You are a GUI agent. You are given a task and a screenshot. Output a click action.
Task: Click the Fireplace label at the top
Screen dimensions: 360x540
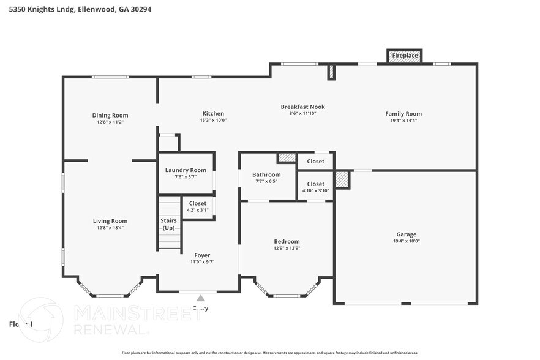(x=405, y=56)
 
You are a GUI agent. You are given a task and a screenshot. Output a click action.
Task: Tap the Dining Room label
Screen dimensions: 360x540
(x=110, y=115)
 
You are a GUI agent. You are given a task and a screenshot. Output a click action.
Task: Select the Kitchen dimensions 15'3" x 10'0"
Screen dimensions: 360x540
(x=213, y=121)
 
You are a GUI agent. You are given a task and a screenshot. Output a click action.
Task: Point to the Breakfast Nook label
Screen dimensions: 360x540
(x=302, y=107)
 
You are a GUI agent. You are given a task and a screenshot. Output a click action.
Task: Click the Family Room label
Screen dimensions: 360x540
(x=403, y=114)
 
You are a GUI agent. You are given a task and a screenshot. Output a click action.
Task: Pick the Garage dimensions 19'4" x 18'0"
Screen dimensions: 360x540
(x=406, y=241)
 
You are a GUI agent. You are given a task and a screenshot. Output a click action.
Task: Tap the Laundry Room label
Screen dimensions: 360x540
(x=186, y=170)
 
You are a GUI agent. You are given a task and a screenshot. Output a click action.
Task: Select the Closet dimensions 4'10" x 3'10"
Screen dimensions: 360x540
(x=316, y=190)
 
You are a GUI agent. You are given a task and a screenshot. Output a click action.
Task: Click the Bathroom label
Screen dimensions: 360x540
(x=266, y=174)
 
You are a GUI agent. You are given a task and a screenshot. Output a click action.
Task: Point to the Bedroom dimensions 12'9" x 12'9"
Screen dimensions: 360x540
(x=287, y=248)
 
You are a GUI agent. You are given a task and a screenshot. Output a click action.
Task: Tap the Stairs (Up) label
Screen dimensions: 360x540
(x=168, y=223)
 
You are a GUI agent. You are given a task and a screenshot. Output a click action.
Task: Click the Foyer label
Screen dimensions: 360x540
(x=202, y=255)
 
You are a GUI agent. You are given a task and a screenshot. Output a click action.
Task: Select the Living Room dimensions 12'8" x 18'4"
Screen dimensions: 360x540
(x=110, y=228)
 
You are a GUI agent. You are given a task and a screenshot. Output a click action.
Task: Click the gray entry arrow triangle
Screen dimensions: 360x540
(x=200, y=298)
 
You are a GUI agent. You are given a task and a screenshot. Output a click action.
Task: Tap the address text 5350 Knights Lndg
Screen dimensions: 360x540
(x=42, y=9)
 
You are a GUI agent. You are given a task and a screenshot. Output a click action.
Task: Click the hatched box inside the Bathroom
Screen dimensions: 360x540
(x=287, y=158)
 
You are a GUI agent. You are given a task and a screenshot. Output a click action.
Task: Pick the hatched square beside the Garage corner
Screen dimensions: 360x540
(x=342, y=180)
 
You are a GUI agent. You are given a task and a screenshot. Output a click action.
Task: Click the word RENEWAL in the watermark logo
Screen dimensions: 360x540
(x=111, y=329)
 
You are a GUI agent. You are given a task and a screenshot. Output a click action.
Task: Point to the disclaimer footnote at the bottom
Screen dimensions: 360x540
(x=269, y=353)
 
